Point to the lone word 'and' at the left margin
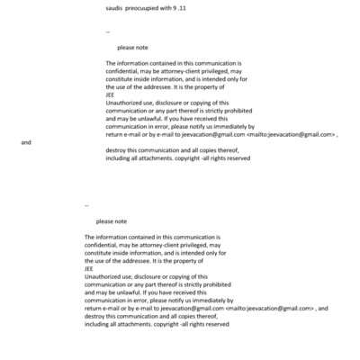click(26, 142)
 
